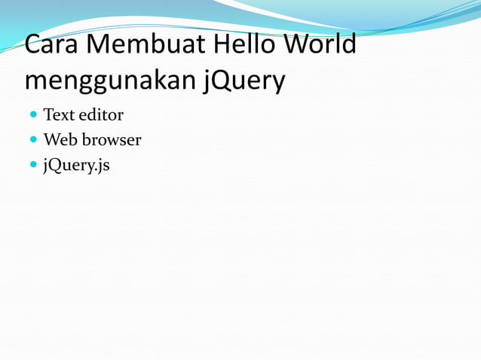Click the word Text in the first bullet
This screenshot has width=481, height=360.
point(58,115)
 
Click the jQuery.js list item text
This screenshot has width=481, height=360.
point(76,164)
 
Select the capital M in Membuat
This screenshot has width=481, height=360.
point(101,45)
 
